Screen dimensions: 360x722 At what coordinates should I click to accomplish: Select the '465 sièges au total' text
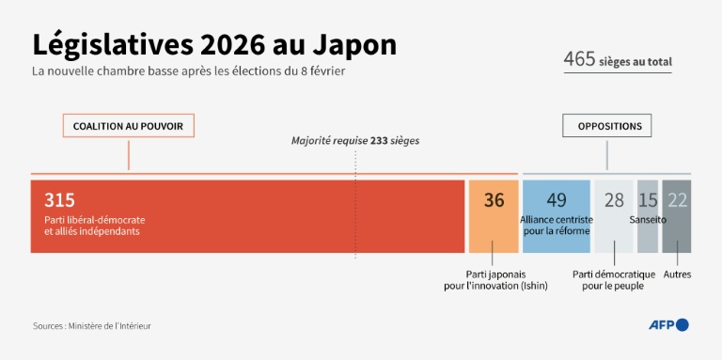pos(618,61)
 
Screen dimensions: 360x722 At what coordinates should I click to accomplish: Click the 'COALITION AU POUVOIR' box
pos(129,126)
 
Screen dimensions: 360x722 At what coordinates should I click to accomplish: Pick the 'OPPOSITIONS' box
pos(609,126)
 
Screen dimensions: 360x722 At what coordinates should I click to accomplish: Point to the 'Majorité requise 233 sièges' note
pos(354,141)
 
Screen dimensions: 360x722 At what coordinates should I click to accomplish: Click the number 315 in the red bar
pos(59,199)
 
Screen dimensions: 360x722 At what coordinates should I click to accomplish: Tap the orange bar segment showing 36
pos(494,216)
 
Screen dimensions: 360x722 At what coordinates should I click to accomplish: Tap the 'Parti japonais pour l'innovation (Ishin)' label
pos(494,280)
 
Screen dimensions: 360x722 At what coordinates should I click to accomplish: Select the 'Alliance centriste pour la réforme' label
pos(556,225)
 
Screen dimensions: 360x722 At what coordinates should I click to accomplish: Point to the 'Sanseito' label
pos(648,219)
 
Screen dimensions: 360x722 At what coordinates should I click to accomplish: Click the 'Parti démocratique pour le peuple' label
pos(614,280)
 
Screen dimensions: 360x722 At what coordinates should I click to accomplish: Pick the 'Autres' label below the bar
pos(677,274)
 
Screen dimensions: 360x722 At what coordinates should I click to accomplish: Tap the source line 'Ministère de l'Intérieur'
pos(91,326)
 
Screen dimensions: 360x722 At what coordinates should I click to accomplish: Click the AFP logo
pos(668,325)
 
